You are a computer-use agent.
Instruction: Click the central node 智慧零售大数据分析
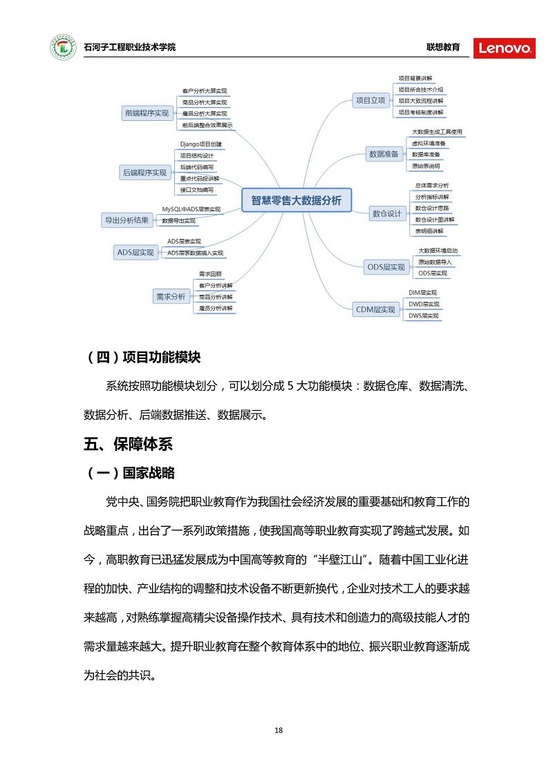[x=296, y=200]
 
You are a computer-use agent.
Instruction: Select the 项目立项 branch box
[x=370, y=100]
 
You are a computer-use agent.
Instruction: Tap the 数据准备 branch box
[x=384, y=154]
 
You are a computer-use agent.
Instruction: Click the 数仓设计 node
[x=386, y=213]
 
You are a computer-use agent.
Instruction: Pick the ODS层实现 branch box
[x=386, y=267]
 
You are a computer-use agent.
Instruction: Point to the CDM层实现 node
[x=375, y=309]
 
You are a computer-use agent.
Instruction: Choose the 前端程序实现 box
[x=147, y=113]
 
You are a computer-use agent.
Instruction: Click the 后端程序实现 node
[x=144, y=173]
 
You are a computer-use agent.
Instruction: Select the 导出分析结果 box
[x=126, y=220]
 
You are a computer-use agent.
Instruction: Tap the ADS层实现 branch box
[x=135, y=252]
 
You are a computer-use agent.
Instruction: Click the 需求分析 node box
[x=170, y=296]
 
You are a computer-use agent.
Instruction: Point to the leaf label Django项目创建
[x=201, y=144]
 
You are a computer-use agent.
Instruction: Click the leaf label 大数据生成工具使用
[x=437, y=132]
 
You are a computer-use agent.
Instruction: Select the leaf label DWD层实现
[x=424, y=304]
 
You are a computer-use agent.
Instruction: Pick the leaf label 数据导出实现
[x=179, y=221]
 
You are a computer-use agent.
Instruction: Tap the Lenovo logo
[x=504, y=48]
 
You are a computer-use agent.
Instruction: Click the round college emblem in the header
[x=63, y=47]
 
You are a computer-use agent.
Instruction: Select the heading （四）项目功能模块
[x=143, y=357]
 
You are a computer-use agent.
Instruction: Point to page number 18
[x=279, y=731]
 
